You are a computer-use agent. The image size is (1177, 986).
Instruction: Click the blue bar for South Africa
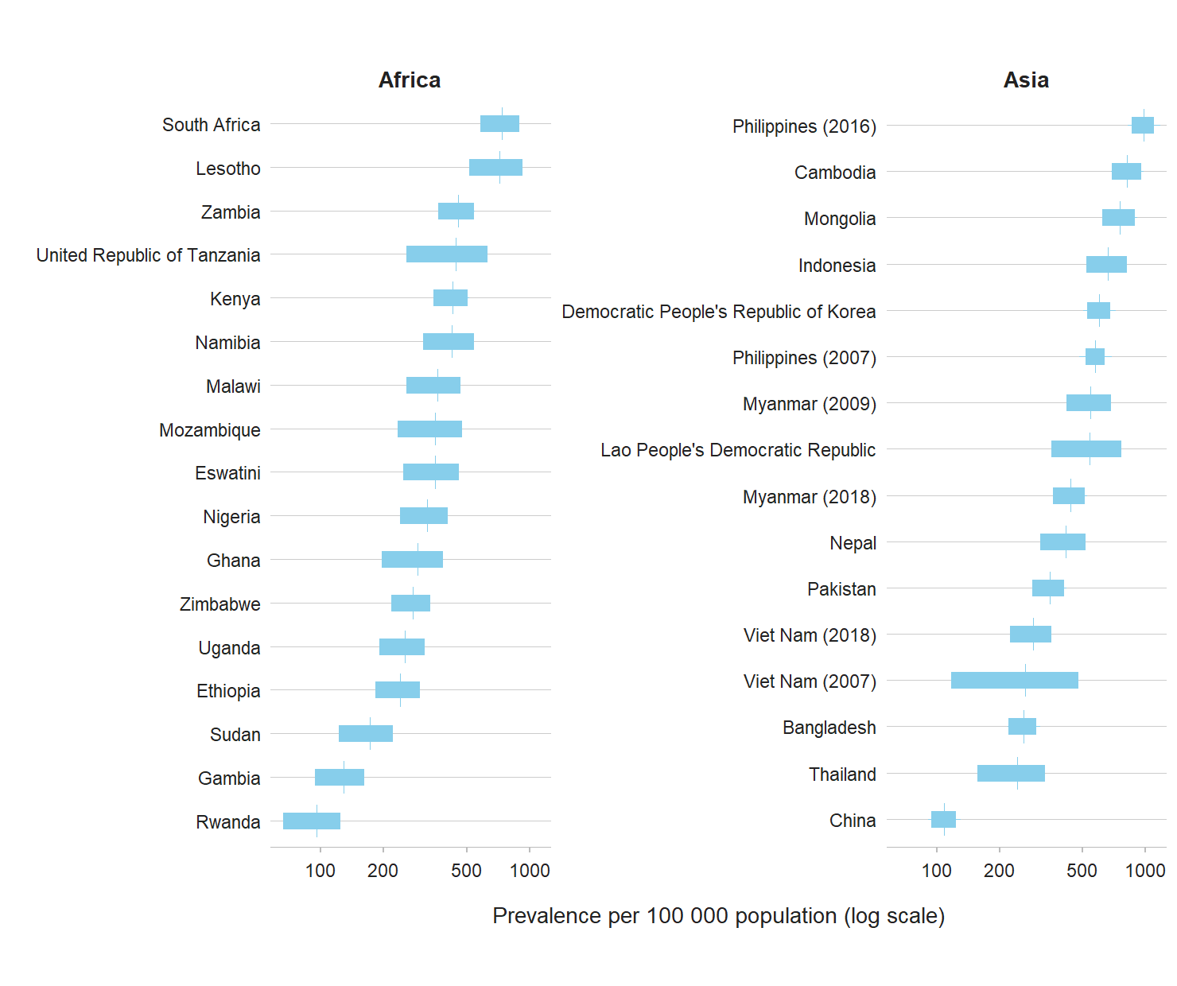pos(499,124)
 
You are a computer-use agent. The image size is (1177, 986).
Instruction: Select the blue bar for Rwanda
pos(312,821)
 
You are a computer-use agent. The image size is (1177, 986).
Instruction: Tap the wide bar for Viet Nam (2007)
pos(1014,681)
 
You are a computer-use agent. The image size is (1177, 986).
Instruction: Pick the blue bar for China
pos(943,820)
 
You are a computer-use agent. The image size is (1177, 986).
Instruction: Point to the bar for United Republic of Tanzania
pos(446,254)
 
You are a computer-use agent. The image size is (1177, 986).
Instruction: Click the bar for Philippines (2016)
pos(1142,126)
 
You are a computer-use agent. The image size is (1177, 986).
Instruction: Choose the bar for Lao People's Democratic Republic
pos(1086,449)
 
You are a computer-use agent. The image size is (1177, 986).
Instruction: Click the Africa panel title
pos(409,80)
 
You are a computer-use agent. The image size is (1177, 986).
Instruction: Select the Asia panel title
pos(1026,80)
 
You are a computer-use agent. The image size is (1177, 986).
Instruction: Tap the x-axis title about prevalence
pos(718,916)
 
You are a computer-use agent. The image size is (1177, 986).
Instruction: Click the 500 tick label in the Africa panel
pos(466,871)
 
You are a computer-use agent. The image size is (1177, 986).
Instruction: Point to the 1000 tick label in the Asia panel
pos(1145,871)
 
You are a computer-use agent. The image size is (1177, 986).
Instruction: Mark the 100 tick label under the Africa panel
pos(320,871)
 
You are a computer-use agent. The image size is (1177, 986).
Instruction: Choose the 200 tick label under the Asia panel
pos(999,871)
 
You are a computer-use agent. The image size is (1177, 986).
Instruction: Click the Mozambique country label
pos(210,430)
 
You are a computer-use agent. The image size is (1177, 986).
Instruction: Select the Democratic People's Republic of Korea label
pos(718,312)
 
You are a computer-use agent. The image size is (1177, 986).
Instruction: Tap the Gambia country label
pos(229,778)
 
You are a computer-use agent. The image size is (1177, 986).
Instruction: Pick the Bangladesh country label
pos(829,728)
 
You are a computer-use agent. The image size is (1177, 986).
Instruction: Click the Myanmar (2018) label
pos(809,497)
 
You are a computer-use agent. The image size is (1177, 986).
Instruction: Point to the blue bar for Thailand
pos(1011,774)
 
